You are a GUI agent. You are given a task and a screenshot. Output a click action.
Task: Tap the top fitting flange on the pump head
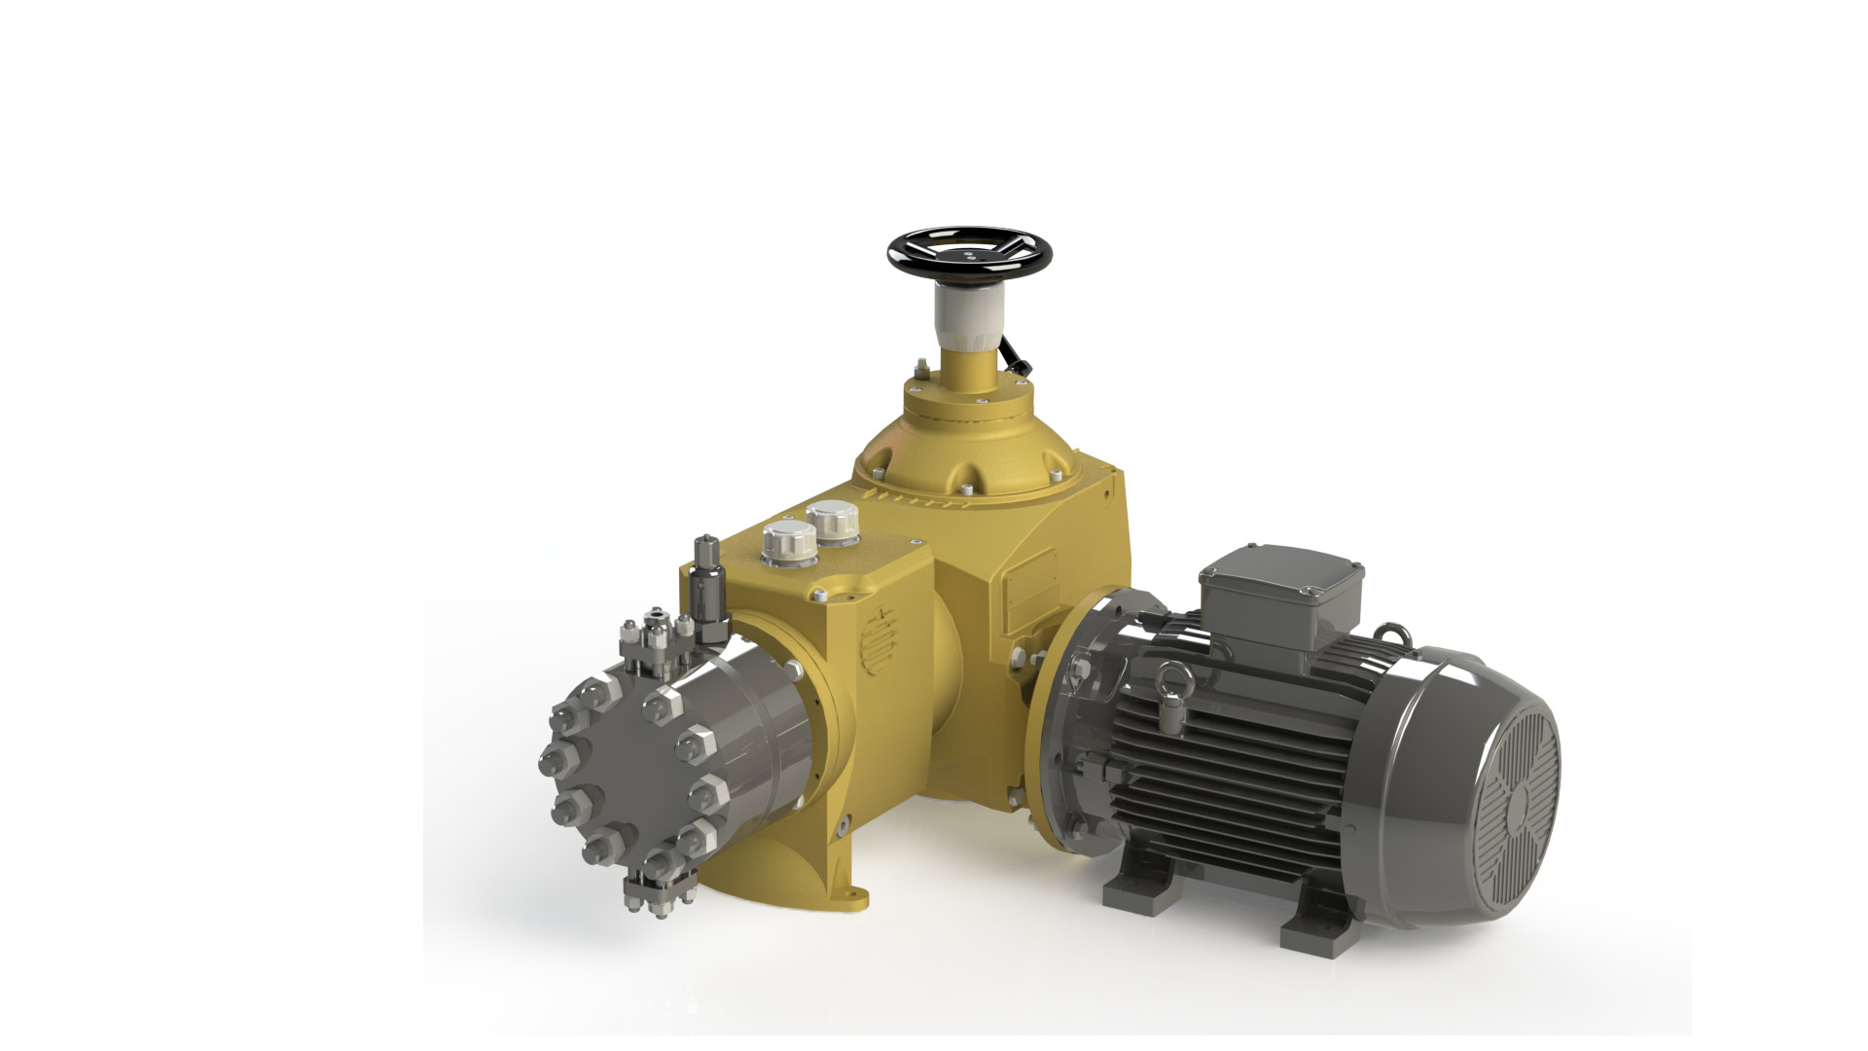point(656,642)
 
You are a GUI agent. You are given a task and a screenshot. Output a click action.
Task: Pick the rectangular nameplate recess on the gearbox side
point(1031,589)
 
